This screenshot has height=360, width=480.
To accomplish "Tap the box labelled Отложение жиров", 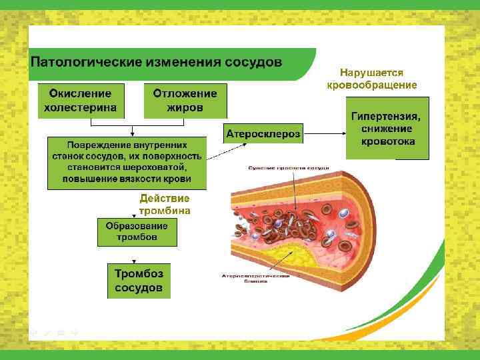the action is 185,100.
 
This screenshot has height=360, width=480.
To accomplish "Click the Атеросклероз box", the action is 263,133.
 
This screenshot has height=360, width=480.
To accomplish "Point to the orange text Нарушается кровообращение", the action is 371,79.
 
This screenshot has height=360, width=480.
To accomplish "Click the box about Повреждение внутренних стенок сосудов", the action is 127,162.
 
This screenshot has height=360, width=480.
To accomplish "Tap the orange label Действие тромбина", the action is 165,205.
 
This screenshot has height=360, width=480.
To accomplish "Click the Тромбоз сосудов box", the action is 138,281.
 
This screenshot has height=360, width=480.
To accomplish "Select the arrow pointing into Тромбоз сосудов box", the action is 138,256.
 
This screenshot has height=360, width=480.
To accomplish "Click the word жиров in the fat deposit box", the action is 185,107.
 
